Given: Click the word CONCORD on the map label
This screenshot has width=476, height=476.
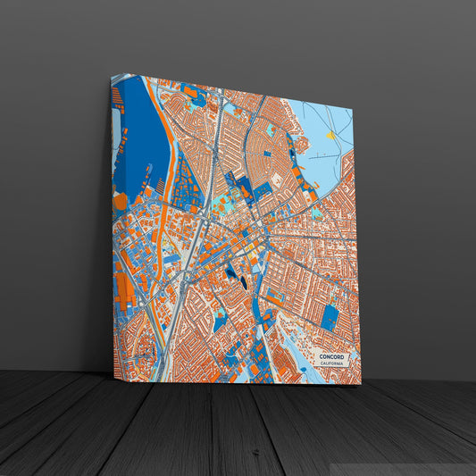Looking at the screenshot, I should click(330, 357).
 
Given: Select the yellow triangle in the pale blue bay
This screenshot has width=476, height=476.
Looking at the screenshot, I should click(330, 136).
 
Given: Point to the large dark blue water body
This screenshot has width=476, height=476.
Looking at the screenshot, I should click(141, 134).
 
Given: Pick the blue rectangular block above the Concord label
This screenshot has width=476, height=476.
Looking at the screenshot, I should click(330, 316).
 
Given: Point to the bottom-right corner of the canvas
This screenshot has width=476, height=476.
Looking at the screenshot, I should click(361, 385).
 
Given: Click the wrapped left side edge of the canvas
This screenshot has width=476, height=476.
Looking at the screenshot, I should click(113, 223).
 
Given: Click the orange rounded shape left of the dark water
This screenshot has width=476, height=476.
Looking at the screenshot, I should click(121, 201).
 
